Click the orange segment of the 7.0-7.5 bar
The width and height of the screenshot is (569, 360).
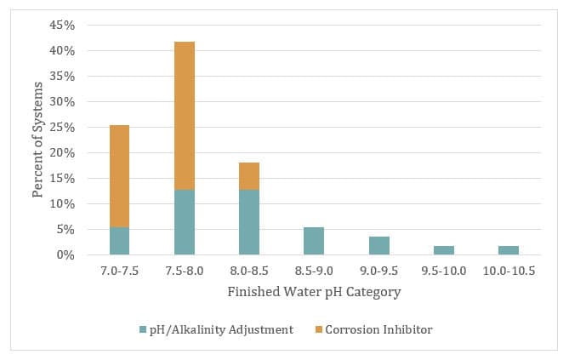pos(119,176)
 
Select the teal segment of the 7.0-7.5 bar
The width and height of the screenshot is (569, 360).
pos(119,241)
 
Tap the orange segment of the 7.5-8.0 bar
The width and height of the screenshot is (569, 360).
pos(185,116)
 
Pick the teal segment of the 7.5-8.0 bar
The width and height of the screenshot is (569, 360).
pos(185,222)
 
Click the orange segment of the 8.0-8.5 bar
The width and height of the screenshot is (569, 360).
pos(249,176)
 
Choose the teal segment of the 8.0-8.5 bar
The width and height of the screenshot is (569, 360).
pos(249,222)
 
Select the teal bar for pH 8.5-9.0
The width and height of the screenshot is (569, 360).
pos(314,241)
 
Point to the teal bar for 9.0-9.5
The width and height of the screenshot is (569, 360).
pos(378,246)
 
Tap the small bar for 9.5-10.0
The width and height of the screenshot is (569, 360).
pos(443,250)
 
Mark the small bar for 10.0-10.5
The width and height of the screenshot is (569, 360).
pos(508,250)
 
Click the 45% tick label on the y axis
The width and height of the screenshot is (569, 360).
pos(63,26)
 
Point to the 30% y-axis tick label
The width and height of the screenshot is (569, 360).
pos(63,102)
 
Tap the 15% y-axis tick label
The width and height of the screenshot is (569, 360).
pos(63,179)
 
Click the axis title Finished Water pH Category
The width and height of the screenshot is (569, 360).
pos(314,292)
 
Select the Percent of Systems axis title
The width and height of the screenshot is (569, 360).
pos(38,140)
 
